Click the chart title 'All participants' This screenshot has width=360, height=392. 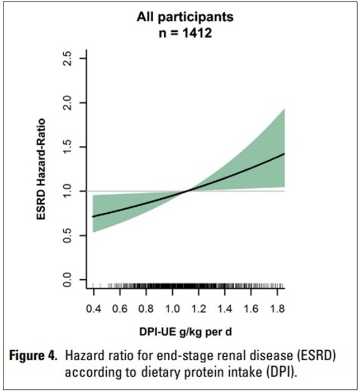click(x=185, y=17)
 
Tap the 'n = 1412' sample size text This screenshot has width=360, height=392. click(x=185, y=32)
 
